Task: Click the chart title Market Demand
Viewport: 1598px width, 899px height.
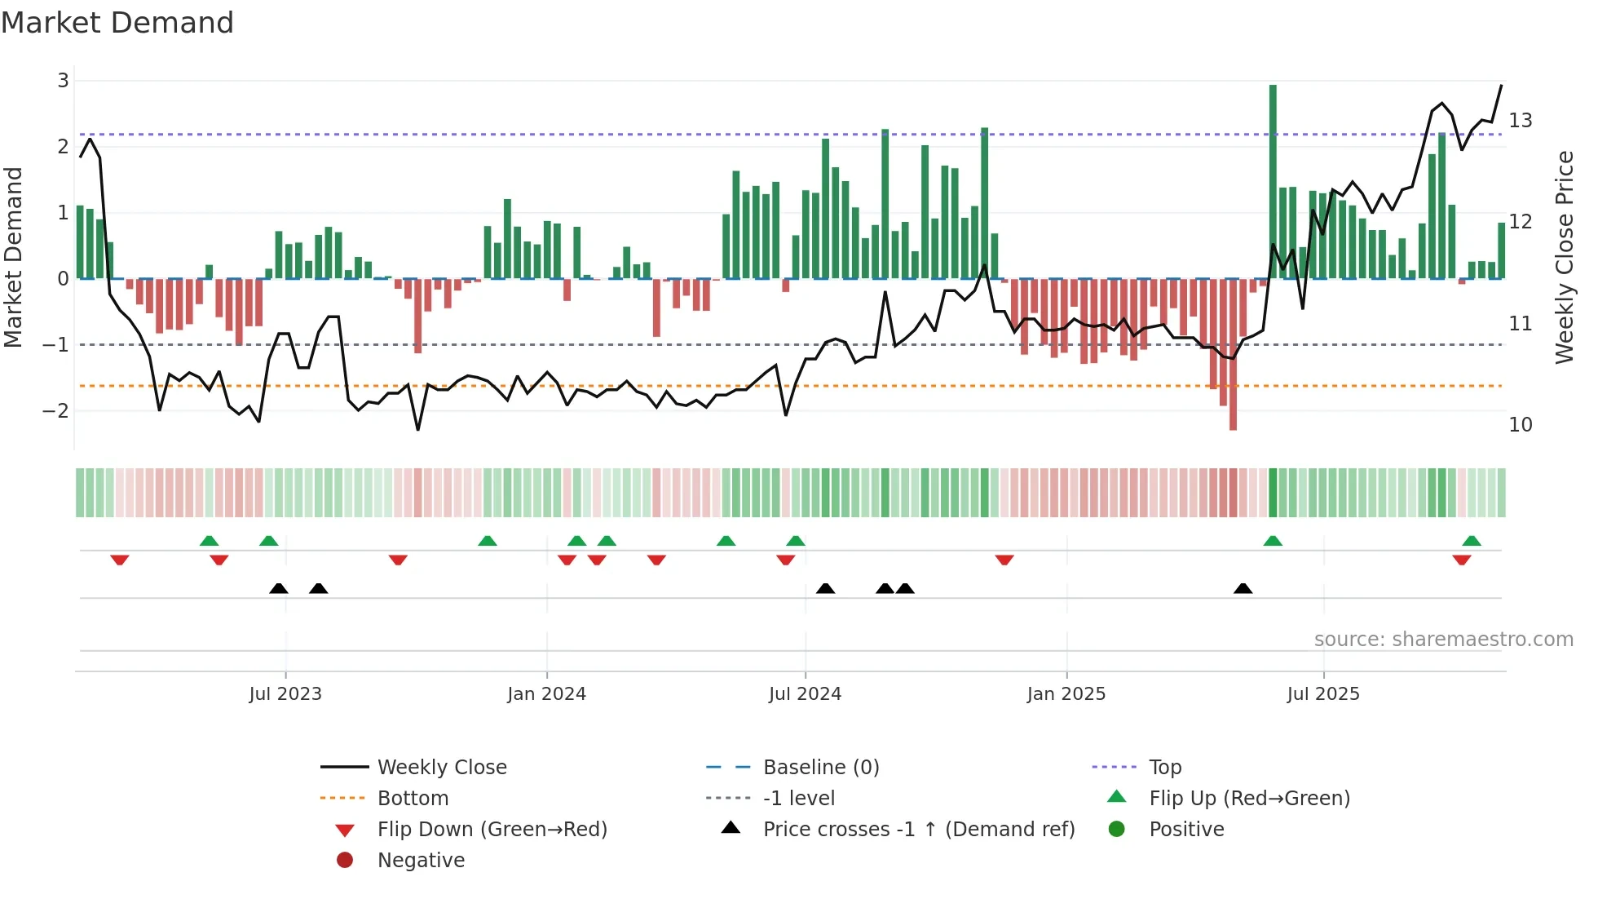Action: coord(117,23)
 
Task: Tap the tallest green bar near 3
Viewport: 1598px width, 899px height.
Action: coord(1273,181)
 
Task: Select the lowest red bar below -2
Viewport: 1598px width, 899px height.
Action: coord(1233,355)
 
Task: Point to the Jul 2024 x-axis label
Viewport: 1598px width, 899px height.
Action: coord(805,694)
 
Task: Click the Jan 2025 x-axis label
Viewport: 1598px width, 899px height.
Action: coord(1066,694)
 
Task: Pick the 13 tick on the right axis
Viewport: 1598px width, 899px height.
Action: coord(1520,121)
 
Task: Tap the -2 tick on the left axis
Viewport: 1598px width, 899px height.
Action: coord(56,410)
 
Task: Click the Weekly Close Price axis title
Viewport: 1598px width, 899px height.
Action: coord(1564,257)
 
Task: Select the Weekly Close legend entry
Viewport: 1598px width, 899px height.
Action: coord(441,768)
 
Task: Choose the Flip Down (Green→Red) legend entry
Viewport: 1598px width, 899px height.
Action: coord(492,830)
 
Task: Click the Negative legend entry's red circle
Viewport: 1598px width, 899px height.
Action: coord(345,861)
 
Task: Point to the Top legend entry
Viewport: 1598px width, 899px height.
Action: coord(1164,768)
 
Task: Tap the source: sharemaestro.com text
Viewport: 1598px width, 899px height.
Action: coord(1443,640)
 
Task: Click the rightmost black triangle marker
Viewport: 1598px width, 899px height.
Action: coord(1243,588)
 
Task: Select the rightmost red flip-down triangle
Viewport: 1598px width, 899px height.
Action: coord(1461,560)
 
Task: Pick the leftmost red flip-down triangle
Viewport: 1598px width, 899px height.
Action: coord(120,560)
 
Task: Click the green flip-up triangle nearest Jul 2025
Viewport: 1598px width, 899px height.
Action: coord(1273,541)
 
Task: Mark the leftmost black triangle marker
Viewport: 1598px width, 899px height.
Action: coord(279,588)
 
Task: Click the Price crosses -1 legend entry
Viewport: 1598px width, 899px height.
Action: coord(918,830)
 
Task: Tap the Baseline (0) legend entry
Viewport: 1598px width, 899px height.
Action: coord(820,768)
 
